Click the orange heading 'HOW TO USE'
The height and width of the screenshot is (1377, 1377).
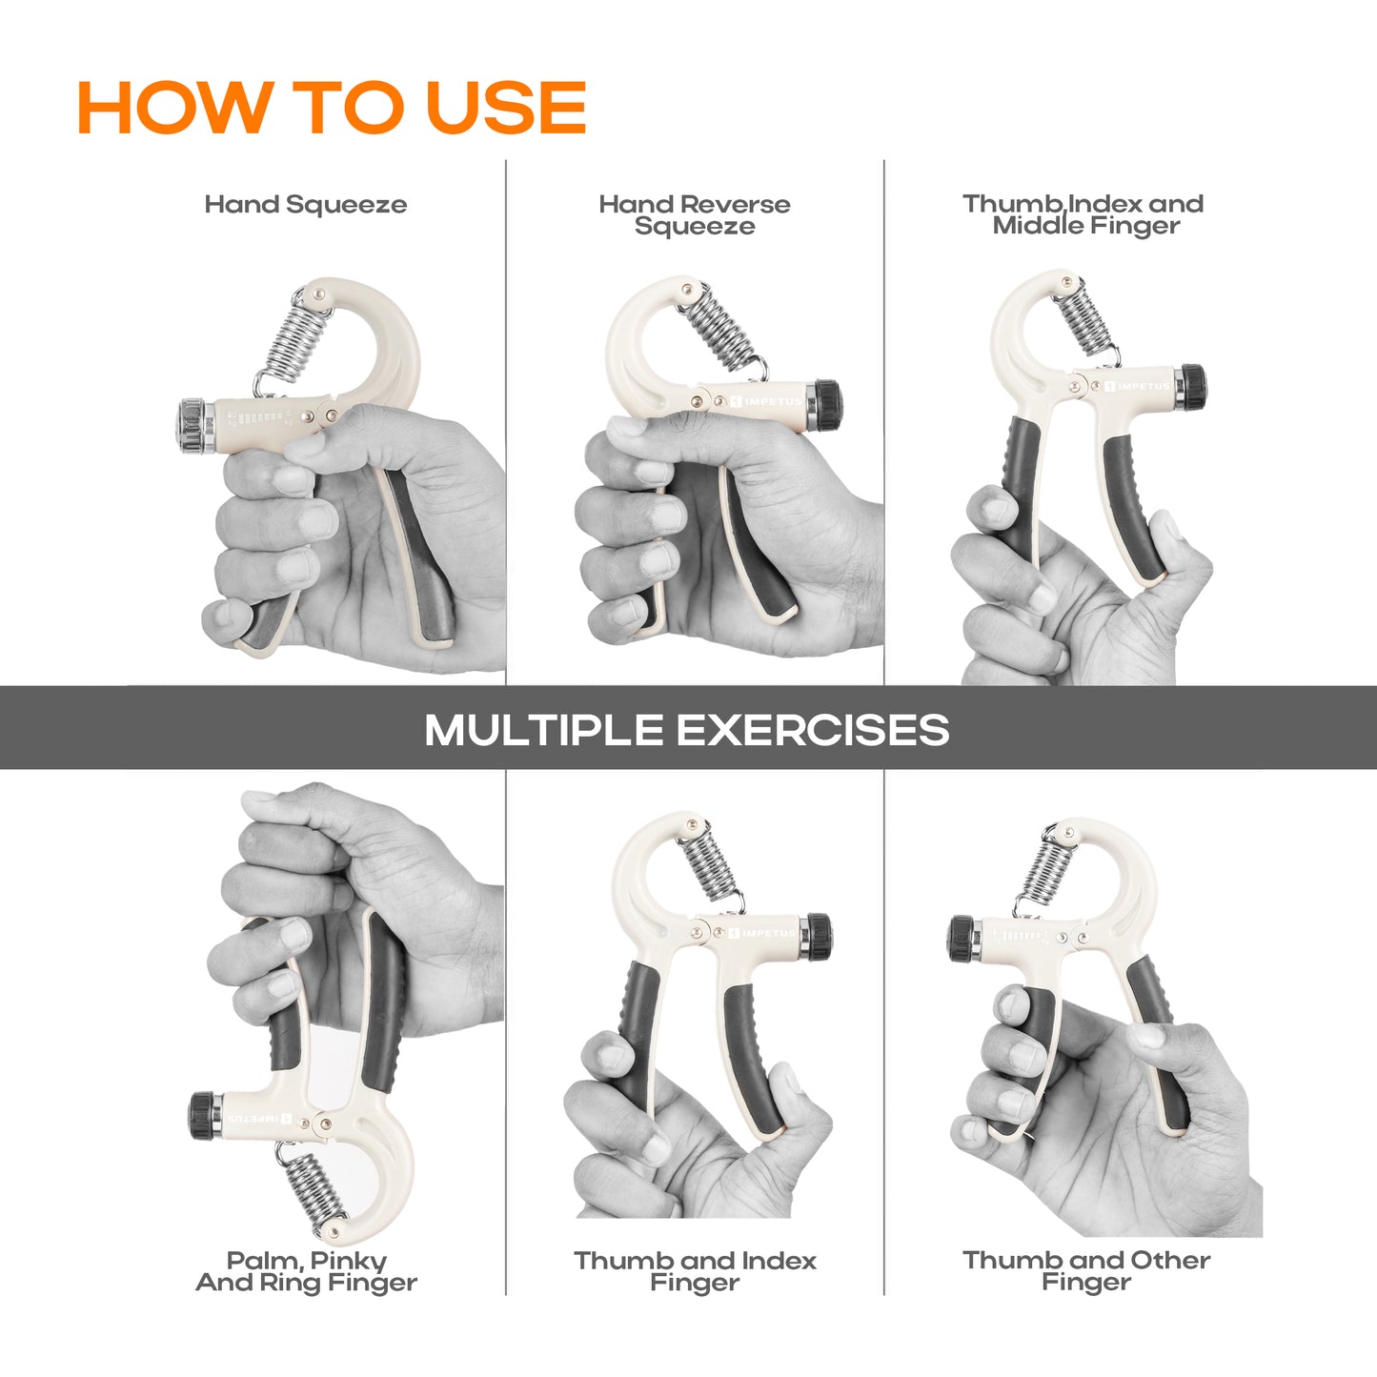pos(332,107)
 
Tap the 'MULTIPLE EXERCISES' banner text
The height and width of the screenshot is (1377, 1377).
pos(687,730)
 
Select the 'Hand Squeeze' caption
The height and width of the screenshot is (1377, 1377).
pos(306,205)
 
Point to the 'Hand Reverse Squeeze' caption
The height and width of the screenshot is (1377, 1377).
pos(695,214)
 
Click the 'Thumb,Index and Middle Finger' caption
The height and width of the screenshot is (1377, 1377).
pos(1083,214)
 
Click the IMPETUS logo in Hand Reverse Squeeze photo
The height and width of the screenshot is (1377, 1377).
pos(767,401)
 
